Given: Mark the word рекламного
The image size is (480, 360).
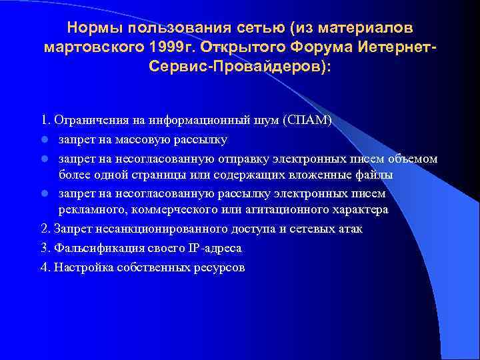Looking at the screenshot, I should pos(91,210).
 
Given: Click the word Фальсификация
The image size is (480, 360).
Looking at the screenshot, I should pos(89,248).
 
